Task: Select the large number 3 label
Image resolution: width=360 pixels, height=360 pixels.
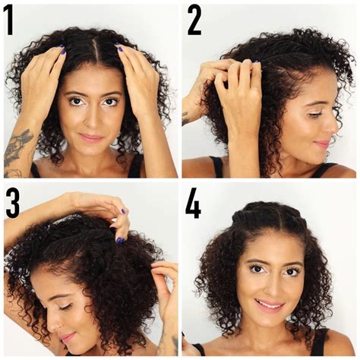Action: (13, 203)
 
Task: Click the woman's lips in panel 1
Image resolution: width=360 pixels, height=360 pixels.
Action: (91, 137)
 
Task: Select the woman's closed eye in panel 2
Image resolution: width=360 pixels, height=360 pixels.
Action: (314, 115)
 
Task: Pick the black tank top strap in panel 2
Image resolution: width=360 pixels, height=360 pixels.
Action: (217, 166)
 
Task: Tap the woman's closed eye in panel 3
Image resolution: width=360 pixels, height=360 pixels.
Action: (65, 308)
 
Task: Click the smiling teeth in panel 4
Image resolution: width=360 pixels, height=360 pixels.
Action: (270, 303)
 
